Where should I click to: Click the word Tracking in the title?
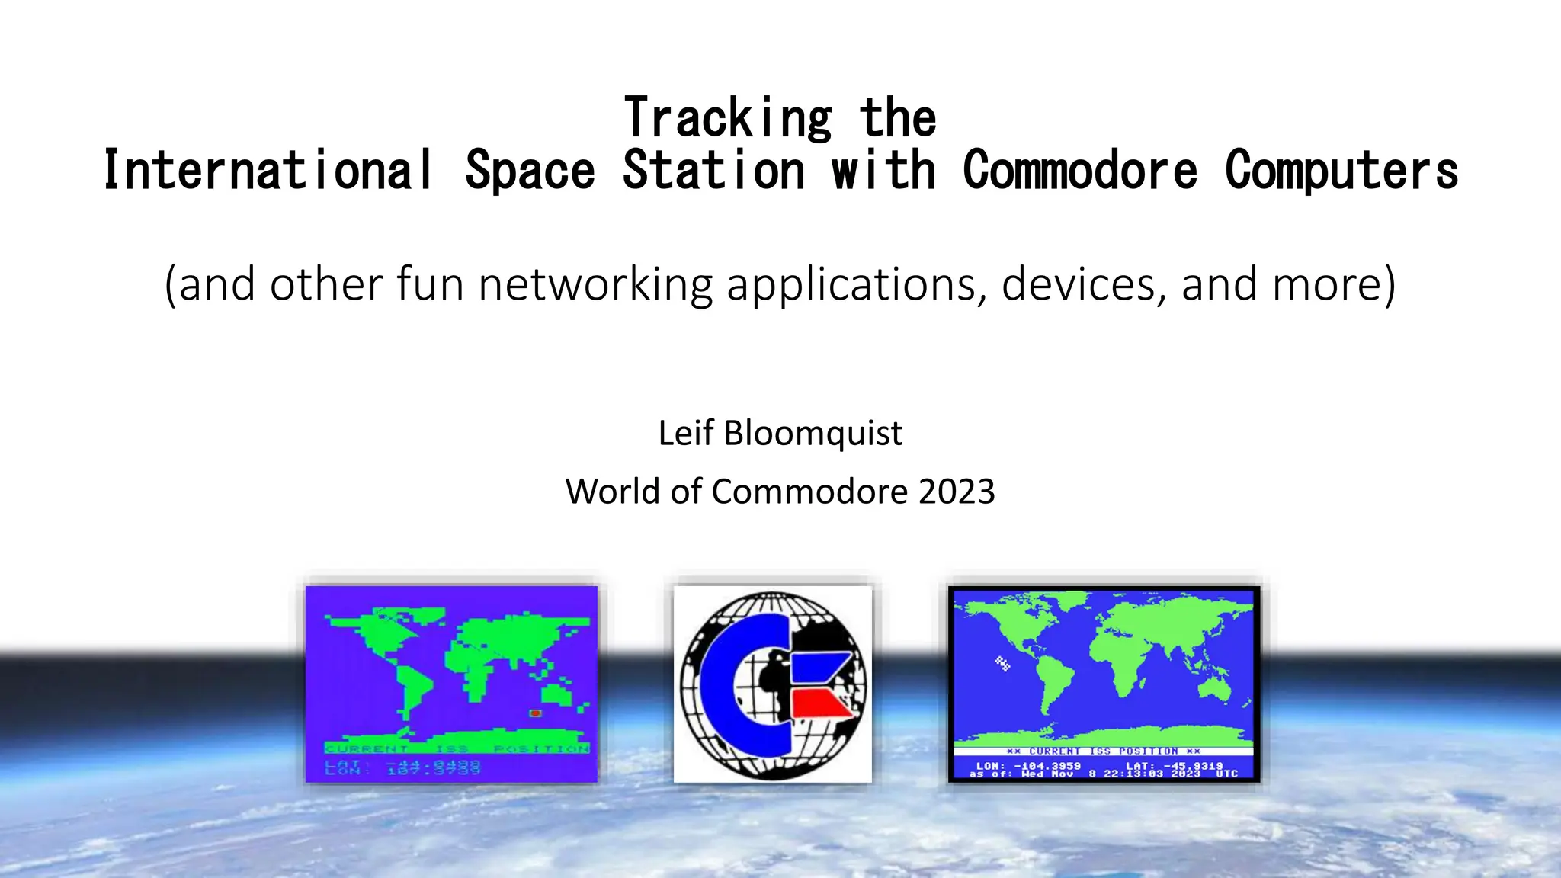tap(728, 118)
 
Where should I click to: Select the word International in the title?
tap(268, 170)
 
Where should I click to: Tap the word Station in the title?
tap(713, 170)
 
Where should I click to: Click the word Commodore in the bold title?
tap(1079, 170)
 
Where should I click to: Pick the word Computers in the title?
tap(1341, 170)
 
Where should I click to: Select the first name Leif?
tap(685, 433)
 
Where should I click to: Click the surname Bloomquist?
tap(813, 433)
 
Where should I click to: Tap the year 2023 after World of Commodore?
tap(957, 492)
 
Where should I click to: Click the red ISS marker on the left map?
tap(535, 713)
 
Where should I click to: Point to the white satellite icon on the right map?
tap(1002, 663)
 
